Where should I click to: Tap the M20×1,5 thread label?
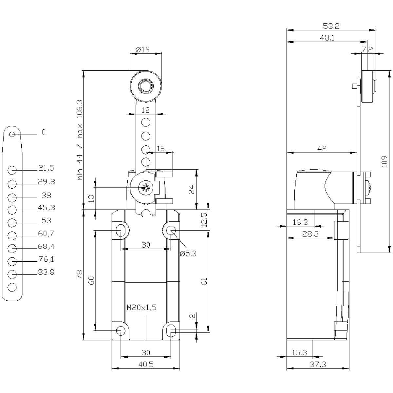(141, 307)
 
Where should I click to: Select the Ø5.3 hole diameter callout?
(188, 254)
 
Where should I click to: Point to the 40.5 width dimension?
(146, 364)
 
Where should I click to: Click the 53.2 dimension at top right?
(331, 26)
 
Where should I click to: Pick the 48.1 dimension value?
(327, 38)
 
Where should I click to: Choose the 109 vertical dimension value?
(384, 161)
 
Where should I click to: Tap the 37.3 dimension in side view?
(318, 364)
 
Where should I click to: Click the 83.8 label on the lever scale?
(46, 272)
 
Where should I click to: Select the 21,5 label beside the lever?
(46, 168)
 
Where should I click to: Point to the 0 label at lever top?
(44, 132)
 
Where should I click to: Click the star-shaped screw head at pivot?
(145, 188)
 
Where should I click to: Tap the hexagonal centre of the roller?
(146, 86)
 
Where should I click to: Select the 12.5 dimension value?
(204, 220)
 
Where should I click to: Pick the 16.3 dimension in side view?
(300, 222)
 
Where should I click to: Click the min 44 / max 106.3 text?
(80, 140)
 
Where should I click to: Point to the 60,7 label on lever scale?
(46, 234)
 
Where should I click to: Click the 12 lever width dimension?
(146, 110)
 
